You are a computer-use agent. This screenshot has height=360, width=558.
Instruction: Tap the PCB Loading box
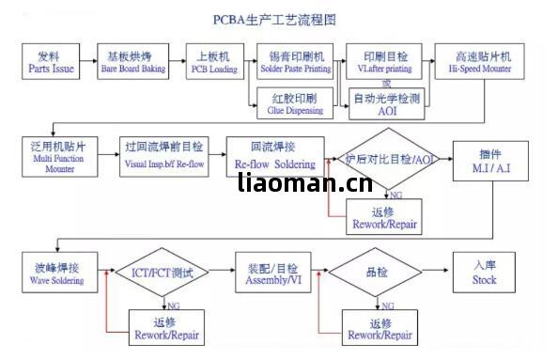[213, 62]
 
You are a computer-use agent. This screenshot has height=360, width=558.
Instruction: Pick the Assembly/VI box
[273, 273]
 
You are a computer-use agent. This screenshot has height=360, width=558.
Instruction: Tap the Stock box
[485, 273]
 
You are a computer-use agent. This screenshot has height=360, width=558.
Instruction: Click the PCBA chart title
[279, 19]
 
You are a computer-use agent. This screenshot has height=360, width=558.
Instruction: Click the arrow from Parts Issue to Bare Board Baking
[89, 62]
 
